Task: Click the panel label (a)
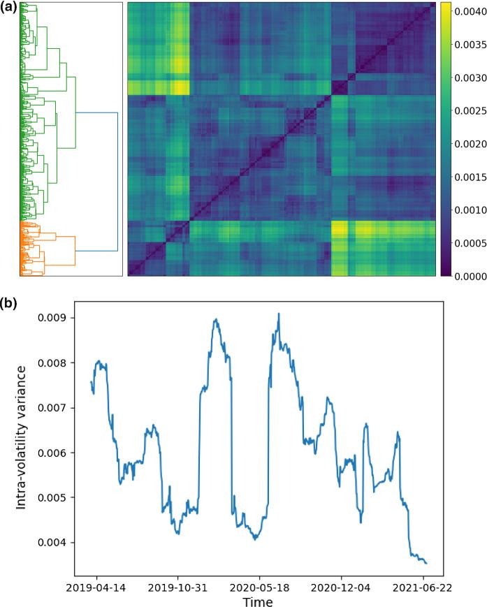pyautogui.click(x=10, y=10)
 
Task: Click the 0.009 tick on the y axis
pyautogui.click(x=56, y=318)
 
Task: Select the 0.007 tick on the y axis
pyautogui.click(x=56, y=408)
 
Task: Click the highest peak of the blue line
pyautogui.click(x=279, y=314)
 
